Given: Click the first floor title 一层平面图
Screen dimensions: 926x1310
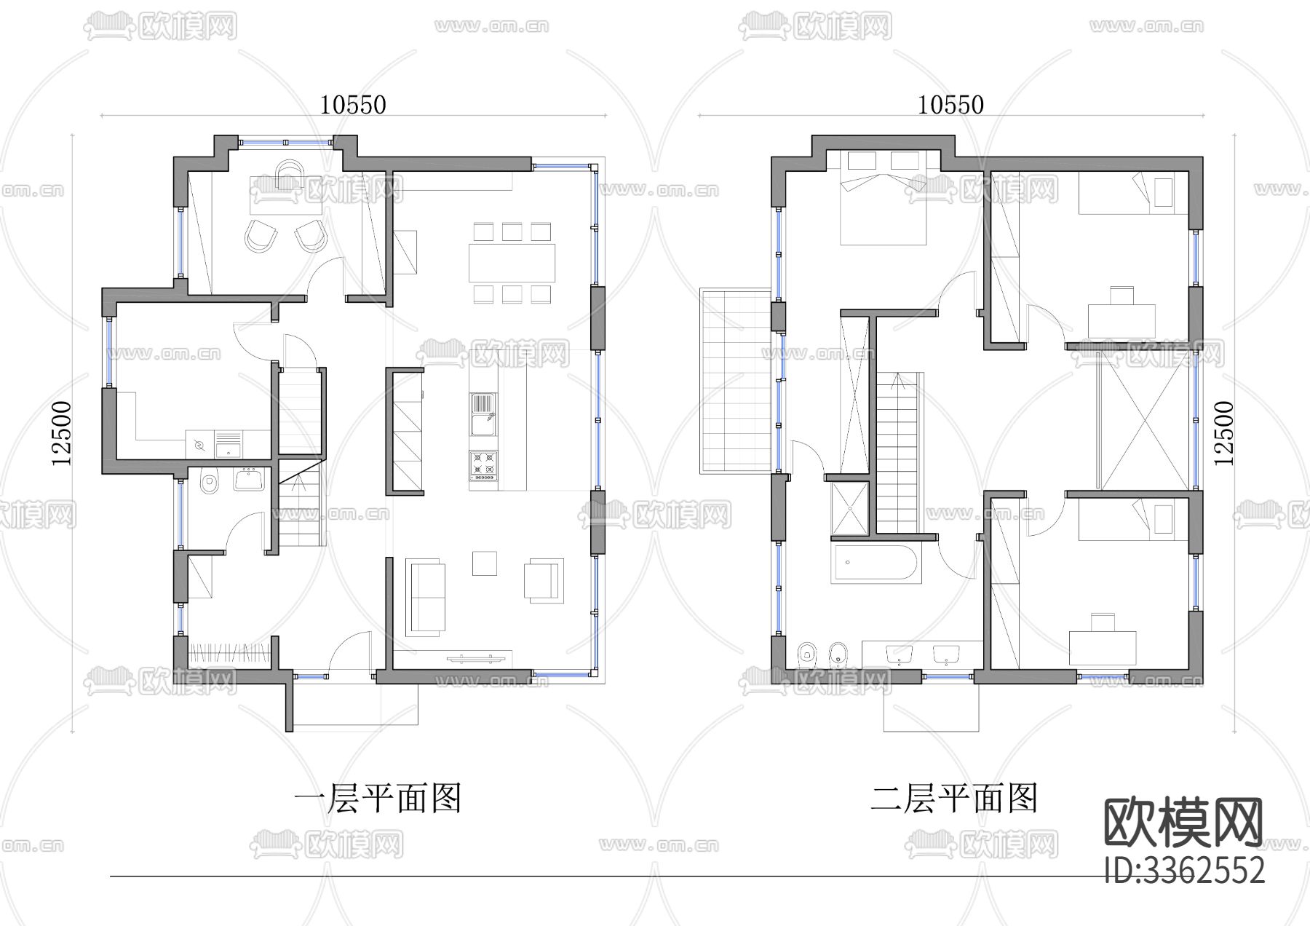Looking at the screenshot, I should click(378, 799).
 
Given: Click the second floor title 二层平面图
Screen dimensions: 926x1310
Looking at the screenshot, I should click(954, 799).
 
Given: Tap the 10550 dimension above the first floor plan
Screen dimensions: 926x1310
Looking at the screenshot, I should click(353, 105).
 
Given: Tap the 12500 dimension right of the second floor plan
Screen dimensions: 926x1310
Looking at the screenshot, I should click(1224, 433).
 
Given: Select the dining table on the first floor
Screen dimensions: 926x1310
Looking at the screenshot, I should click(512, 263).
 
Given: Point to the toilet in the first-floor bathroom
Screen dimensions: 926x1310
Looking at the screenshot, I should click(210, 483).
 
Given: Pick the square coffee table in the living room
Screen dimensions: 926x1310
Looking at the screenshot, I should click(484, 563).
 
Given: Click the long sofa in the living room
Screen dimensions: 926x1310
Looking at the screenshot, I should click(425, 597).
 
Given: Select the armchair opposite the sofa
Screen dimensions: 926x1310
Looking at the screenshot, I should click(544, 580).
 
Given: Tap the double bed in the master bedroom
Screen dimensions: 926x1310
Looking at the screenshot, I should click(883, 200).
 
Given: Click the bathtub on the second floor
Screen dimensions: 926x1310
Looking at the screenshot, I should click(877, 563).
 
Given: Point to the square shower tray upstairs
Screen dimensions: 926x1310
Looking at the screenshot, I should click(850, 508).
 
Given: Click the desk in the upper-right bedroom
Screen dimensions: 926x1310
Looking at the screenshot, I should click(1121, 319).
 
